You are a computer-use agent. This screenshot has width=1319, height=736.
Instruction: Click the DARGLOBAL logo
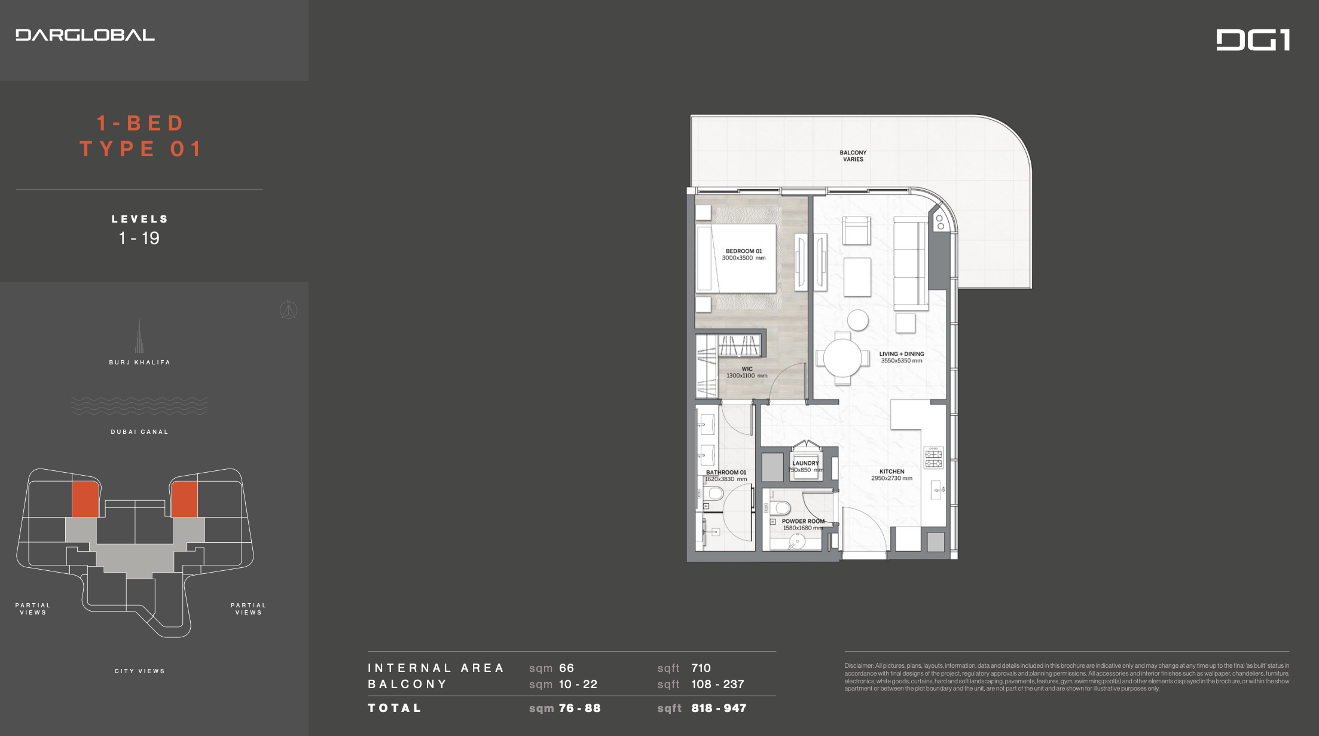85,35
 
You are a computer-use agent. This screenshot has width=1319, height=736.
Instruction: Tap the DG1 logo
1253,40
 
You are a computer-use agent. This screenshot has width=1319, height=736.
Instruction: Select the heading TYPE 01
141,149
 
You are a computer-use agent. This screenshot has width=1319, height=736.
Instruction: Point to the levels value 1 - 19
139,238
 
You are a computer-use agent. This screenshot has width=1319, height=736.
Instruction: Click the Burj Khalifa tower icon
139,336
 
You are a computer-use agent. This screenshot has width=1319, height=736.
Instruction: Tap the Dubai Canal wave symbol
139,406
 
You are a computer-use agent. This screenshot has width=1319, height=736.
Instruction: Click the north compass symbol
289,309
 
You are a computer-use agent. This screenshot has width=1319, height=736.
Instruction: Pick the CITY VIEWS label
140,671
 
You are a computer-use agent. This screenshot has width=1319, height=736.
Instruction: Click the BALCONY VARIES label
853,156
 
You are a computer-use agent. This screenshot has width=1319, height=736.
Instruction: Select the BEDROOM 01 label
744,251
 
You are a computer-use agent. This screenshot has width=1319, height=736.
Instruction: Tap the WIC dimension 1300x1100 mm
747,376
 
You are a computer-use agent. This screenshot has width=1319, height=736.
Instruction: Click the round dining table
842,358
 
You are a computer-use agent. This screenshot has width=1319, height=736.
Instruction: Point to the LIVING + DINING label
902,354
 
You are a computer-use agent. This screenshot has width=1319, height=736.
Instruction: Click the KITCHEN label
891,472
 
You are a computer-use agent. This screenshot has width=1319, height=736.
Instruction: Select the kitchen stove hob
933,457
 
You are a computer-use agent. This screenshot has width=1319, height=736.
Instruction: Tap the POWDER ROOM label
803,521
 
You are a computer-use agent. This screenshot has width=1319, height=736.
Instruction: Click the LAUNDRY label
805,463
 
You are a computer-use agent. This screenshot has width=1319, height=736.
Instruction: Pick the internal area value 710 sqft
701,668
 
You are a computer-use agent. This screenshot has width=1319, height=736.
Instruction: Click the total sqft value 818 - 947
719,708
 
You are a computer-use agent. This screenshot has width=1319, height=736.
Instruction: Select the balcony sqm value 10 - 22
578,684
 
